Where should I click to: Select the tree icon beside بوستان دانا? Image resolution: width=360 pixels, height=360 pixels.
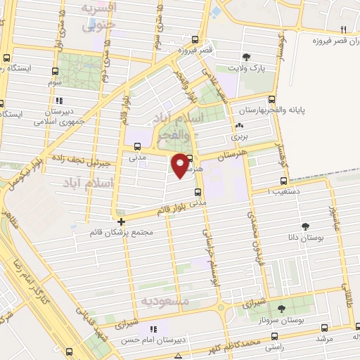(x=305, y=226)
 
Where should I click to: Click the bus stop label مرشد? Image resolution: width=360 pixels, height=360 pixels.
(x=323, y=338)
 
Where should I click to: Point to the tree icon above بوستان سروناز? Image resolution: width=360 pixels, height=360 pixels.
(x=282, y=309)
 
